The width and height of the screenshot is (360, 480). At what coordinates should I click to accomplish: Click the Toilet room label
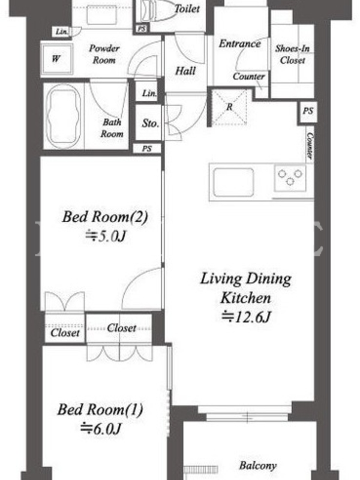tap(187, 8)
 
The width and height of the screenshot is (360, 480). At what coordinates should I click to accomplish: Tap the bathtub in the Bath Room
tap(64, 116)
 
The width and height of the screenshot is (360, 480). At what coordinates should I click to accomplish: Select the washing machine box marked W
tap(56, 59)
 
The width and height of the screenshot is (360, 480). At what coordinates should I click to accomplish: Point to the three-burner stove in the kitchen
tap(290, 178)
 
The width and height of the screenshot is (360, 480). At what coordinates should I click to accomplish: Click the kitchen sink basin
tap(233, 183)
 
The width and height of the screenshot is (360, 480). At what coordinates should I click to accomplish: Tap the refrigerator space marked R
tap(229, 107)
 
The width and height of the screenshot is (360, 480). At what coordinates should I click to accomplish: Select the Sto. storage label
tap(151, 124)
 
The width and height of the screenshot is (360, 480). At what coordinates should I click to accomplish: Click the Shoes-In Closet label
tap(292, 54)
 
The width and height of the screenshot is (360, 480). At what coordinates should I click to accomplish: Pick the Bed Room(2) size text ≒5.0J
tap(105, 236)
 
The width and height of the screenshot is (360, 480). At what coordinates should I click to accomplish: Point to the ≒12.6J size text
tap(246, 317)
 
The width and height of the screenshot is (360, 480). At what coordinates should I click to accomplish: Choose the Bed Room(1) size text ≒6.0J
tap(100, 428)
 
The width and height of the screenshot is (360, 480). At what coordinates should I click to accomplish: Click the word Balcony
tap(258, 466)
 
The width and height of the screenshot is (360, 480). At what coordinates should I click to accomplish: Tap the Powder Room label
tap(104, 54)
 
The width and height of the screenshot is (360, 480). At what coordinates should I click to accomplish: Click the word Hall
tap(185, 71)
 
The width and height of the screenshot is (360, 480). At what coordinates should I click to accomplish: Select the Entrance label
tap(239, 44)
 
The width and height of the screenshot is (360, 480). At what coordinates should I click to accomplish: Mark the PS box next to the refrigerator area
tap(308, 112)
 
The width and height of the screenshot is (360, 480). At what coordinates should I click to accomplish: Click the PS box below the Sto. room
tap(147, 149)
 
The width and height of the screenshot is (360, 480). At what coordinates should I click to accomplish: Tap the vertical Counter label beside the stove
tap(310, 146)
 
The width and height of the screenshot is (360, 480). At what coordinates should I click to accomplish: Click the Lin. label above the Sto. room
tap(149, 93)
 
